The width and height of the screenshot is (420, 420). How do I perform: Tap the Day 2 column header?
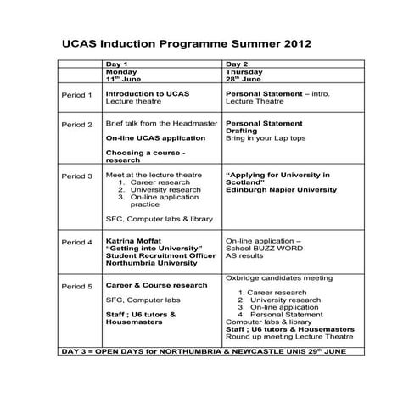click(237, 64)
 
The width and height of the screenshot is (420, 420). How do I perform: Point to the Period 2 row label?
click(76, 124)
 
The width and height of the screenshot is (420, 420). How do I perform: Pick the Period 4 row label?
click(76, 242)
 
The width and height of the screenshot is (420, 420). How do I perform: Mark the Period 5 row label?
click(76, 286)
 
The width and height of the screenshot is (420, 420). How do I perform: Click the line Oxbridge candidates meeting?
click(279, 277)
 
